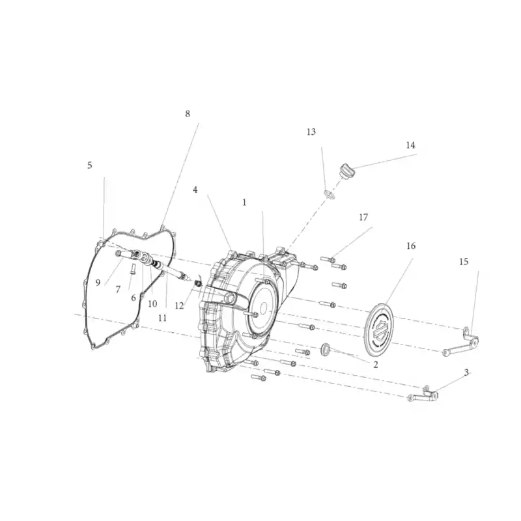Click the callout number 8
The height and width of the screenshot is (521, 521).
tap(188, 114)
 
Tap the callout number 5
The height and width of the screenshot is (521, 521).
tap(90, 165)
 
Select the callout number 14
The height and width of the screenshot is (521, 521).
tap(411, 145)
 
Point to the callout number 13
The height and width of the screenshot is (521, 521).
tap(311, 132)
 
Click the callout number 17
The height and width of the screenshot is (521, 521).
tap(363, 218)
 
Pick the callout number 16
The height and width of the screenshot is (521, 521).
tap(411, 246)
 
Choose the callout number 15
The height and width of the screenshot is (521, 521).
tap(464, 262)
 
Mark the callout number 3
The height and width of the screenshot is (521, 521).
tap(466, 373)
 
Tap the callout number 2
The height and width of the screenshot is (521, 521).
tap(376, 365)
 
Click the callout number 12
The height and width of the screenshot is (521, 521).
tap(179, 305)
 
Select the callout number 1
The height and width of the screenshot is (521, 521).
tap(245, 203)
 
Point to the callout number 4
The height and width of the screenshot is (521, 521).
tap(195, 190)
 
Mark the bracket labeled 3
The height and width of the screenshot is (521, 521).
tap(423, 395)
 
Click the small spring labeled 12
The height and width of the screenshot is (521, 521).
tap(198, 284)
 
